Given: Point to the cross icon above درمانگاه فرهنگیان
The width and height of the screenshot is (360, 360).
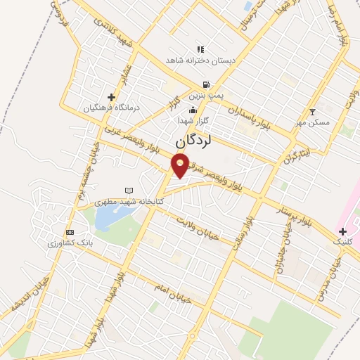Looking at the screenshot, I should (x=110, y=97).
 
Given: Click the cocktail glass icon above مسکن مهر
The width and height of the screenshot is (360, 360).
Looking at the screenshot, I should (x=313, y=112).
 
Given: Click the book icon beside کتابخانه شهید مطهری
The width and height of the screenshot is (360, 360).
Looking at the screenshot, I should (x=128, y=190).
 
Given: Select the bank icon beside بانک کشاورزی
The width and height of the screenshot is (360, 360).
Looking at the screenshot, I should (x=69, y=232).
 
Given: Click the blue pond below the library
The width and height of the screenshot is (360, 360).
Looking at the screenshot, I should (x=106, y=219).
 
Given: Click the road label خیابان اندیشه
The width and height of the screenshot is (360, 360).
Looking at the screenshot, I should (x=28, y=298).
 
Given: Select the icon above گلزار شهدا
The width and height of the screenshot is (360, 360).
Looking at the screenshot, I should (x=193, y=110).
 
